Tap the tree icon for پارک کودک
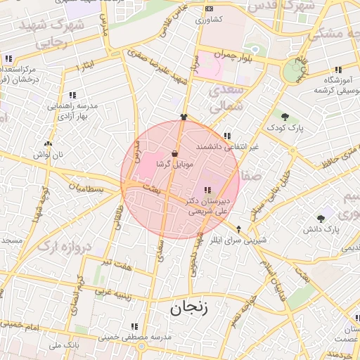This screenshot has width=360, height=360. pyautogui.click(x=285, y=117)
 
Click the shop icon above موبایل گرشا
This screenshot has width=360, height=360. pyautogui.click(x=174, y=153)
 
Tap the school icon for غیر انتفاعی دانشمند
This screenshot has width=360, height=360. pyautogui.click(x=226, y=136)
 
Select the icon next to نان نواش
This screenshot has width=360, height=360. pyautogui.click(x=48, y=143)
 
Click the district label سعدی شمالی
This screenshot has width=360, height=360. pyautogui.click(x=228, y=99)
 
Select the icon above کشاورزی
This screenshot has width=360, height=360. pyautogui.click(x=208, y=8)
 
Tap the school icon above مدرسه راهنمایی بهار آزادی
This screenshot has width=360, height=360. pyautogui.click(x=72, y=95)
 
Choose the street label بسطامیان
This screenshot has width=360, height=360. pyautogui.click(x=86, y=189)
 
